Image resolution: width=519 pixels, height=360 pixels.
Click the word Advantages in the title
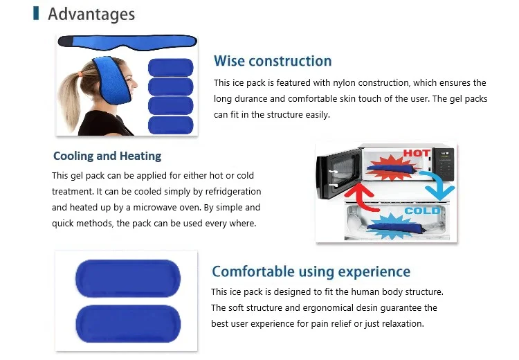pyautogui.click(x=91, y=15)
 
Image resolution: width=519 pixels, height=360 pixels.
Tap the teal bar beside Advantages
pyautogui.click(x=36, y=13)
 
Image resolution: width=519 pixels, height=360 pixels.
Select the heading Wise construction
pyautogui.click(x=273, y=61)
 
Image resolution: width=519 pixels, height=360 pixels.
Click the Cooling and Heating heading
pyautogui.click(x=107, y=156)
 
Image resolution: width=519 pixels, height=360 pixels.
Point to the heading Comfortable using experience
pyautogui.click(x=311, y=271)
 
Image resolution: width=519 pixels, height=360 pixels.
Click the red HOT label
pyautogui.click(x=417, y=153)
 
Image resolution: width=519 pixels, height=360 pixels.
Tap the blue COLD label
pyautogui.click(x=422, y=210)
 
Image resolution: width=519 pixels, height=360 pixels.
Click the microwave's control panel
pyautogui.click(x=444, y=165)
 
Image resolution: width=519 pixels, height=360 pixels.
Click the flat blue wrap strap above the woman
pyautogui.click(x=127, y=42)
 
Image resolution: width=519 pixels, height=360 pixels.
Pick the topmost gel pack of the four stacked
pyautogui.click(x=170, y=68)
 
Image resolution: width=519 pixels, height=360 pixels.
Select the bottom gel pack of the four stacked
pyautogui.click(x=170, y=125)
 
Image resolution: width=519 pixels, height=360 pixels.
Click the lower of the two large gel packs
pyautogui.click(x=128, y=324)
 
